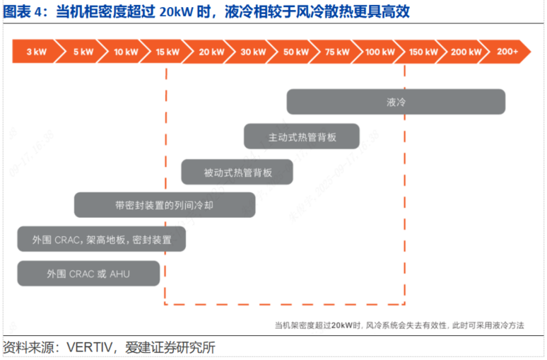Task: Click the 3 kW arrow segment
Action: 36,52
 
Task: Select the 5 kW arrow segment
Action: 83,52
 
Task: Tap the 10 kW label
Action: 125,52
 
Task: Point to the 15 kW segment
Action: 168,52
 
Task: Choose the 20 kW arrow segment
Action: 211,52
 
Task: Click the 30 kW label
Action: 253,52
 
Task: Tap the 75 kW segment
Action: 338,52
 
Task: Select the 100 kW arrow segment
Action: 381,52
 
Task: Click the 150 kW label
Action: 424,52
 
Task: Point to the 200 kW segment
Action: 466,52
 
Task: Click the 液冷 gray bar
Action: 396,102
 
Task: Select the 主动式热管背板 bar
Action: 302,137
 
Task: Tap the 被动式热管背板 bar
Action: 237,172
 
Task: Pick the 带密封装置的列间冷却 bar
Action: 165,205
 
